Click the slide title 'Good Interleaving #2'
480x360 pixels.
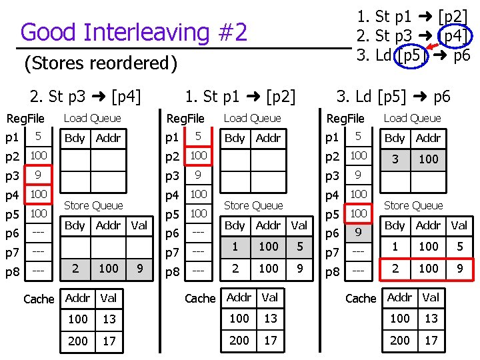point(134,31)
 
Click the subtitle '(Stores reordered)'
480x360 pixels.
point(101,63)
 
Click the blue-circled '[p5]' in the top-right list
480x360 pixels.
point(408,55)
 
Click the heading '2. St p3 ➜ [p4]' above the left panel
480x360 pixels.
point(86,96)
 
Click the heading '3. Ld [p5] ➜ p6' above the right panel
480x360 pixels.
point(393,96)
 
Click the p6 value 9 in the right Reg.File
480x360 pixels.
point(359,233)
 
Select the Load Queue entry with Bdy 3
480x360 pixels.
point(395,159)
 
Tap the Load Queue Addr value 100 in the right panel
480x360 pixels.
point(429,159)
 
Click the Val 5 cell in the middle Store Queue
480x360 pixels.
point(300,247)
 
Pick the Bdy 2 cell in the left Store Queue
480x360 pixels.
point(75,268)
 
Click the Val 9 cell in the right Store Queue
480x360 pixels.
point(459,268)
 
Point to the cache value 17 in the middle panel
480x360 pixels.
point(270,340)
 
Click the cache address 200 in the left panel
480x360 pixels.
point(78,341)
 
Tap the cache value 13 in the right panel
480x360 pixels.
point(431,319)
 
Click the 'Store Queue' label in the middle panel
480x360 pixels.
point(253,205)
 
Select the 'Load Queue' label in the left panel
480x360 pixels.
point(92,118)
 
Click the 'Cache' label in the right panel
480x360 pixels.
point(361,298)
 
